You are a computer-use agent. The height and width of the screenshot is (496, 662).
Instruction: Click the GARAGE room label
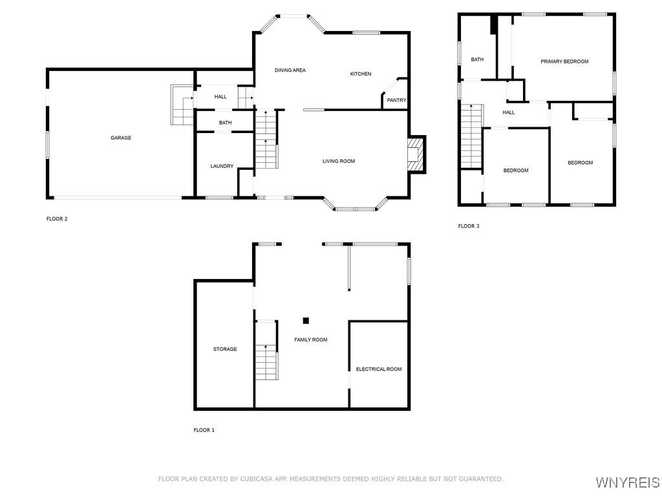(121, 138)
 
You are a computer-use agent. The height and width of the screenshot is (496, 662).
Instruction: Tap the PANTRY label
(396, 100)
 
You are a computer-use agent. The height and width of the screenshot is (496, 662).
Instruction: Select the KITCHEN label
(361, 74)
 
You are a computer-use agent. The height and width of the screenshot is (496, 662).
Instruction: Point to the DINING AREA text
(290, 70)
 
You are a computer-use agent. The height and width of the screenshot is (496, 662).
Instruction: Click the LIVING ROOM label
(339, 161)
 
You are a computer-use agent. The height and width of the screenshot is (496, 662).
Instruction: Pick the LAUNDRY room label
(222, 166)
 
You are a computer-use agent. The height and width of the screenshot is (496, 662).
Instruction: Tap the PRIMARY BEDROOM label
(564, 61)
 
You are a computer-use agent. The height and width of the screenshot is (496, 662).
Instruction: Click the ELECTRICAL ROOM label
(379, 369)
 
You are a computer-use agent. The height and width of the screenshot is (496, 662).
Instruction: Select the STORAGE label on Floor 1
(225, 349)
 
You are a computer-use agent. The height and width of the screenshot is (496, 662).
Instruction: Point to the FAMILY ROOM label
(311, 340)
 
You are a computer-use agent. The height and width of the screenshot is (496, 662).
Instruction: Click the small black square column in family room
(306, 320)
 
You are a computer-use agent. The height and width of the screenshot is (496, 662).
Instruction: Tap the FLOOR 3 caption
(469, 226)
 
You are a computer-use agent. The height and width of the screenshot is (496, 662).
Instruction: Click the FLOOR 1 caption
(204, 430)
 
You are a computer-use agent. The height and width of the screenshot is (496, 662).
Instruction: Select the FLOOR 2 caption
(57, 218)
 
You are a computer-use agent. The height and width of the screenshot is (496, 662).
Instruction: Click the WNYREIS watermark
(628, 482)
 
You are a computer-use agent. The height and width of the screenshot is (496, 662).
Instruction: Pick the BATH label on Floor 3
(477, 59)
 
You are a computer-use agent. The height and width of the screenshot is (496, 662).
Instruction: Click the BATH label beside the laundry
(225, 123)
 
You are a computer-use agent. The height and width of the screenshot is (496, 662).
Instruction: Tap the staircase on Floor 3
(472, 136)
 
